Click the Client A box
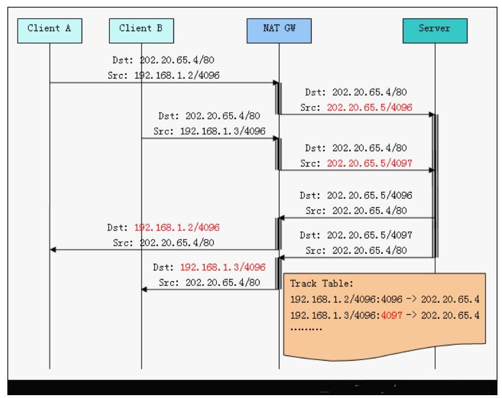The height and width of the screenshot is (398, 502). pyautogui.click(x=49, y=30)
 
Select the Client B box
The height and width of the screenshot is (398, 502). pyautogui.click(x=141, y=30)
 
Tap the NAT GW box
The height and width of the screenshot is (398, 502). pyautogui.click(x=279, y=30)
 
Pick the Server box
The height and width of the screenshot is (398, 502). pyautogui.click(x=435, y=30)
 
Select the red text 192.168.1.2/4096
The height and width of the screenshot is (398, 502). pyautogui.click(x=177, y=227)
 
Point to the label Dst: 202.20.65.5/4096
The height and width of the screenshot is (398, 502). pyautogui.click(x=356, y=195)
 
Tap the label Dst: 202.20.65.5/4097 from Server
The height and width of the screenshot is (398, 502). pyautogui.click(x=356, y=234)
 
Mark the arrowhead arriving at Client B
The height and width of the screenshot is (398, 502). pyautogui.click(x=144, y=289)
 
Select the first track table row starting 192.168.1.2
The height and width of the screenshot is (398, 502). pyautogui.click(x=385, y=298)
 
